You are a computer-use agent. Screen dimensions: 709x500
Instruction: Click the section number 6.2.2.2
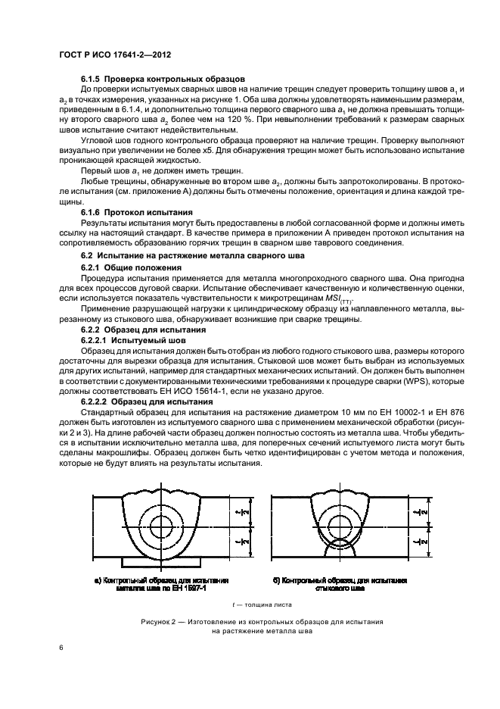(96, 401)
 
